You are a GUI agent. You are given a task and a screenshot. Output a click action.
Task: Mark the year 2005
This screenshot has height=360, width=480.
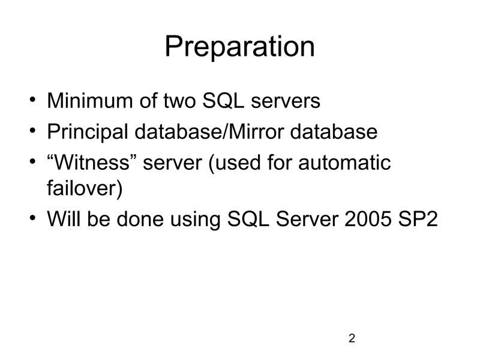(366, 220)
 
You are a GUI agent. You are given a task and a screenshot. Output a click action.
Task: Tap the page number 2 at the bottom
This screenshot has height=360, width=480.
(352, 339)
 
